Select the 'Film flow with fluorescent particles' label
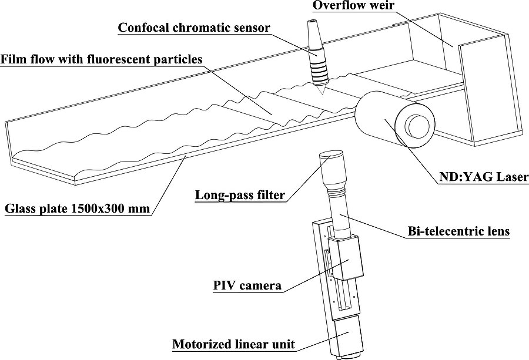pyautogui.click(x=101, y=59)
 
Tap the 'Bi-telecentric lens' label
pyautogui.click(x=458, y=231)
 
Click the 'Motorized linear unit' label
pyautogui.click(x=233, y=344)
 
